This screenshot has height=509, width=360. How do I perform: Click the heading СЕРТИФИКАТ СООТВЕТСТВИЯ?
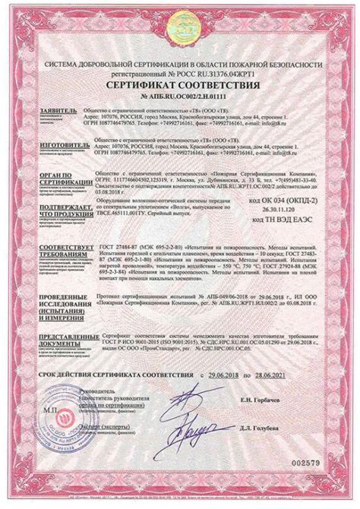coord(179,85)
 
